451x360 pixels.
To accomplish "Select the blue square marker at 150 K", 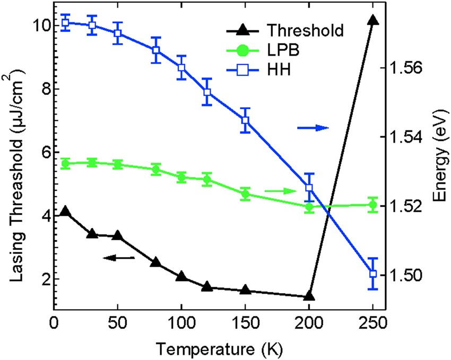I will point(245,120).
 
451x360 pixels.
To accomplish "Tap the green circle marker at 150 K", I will point(245,194).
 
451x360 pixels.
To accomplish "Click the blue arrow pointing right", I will point(313,128).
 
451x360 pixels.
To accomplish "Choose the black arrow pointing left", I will point(119,258).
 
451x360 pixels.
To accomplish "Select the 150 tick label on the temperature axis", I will point(245,323).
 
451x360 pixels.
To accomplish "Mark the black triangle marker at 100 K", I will point(181,277).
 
